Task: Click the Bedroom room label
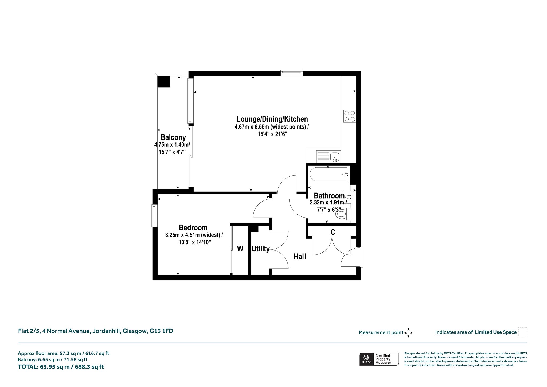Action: (193, 227)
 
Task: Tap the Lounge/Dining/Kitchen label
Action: (272, 119)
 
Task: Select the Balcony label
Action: (173, 137)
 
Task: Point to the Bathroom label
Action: (329, 196)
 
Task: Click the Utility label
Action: (261, 249)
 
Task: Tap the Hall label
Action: (300, 257)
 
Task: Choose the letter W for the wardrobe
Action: (240, 249)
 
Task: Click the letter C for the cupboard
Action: (333, 232)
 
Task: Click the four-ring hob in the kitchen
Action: (350, 116)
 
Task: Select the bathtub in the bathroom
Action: (329, 175)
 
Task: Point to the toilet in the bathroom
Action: (343, 214)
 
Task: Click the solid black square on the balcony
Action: (163, 82)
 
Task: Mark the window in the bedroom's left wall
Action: (154, 215)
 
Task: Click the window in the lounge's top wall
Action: (292, 72)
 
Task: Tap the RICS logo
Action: (366, 359)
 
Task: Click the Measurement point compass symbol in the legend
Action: (408, 333)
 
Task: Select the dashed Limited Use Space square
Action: (523, 332)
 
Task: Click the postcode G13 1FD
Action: (161, 331)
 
